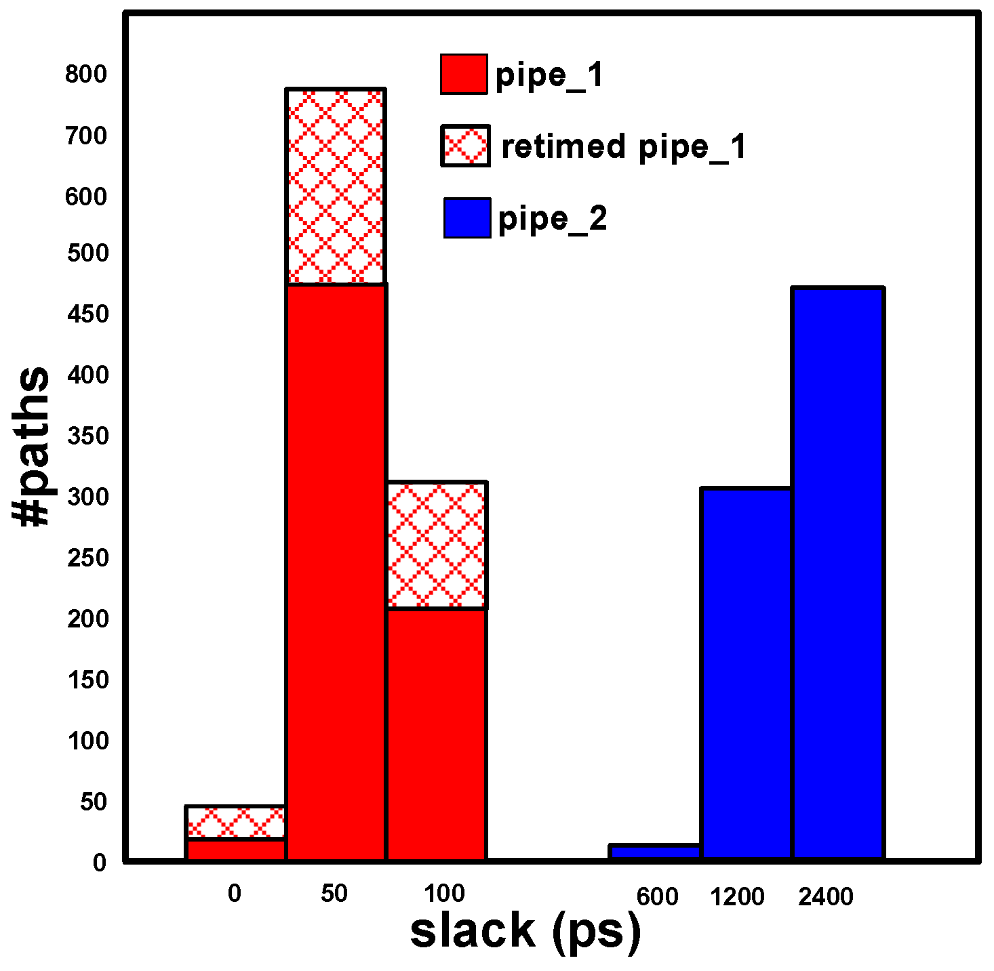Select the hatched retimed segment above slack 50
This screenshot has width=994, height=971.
[x=336, y=186]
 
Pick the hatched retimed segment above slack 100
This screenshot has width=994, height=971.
[x=437, y=545]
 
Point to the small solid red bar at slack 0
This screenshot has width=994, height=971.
[x=235, y=850]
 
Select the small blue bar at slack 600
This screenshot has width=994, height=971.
[x=656, y=852]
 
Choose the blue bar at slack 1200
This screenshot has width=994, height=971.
[x=747, y=674]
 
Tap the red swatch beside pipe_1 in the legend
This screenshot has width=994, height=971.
[x=464, y=74]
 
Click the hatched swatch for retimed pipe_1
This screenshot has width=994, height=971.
[x=465, y=146]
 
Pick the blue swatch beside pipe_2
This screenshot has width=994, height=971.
[x=467, y=218]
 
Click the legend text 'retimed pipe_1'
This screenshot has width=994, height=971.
[x=624, y=147]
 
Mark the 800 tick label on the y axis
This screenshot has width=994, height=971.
[x=86, y=74]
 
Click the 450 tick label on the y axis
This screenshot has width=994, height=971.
[x=88, y=314]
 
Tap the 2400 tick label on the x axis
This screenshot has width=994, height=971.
[x=825, y=897]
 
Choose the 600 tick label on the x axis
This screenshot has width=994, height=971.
[x=657, y=897]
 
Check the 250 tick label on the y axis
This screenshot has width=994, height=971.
[x=88, y=558]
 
